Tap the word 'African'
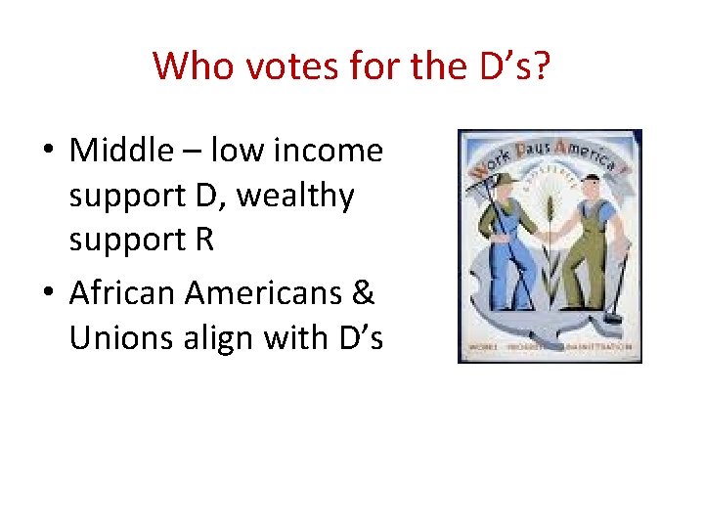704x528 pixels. tap(122, 291)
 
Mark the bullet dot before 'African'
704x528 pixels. tap(46, 293)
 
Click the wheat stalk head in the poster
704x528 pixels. tap(550, 207)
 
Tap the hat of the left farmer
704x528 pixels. tap(505, 182)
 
